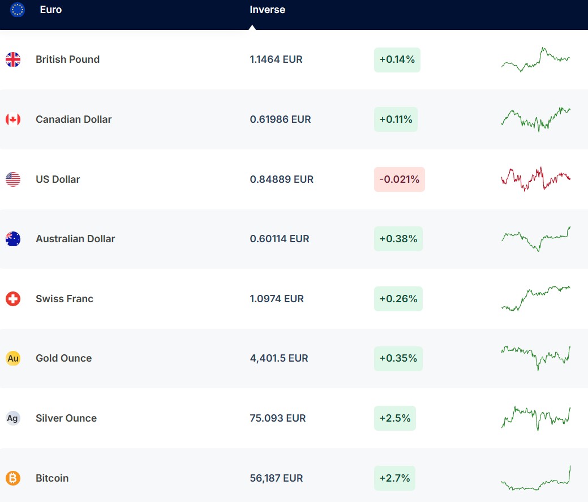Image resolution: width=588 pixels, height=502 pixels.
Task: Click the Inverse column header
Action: (x=267, y=10)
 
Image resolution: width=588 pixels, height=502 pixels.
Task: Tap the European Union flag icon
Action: (x=18, y=10)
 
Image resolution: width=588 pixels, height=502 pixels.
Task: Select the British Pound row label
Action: (x=67, y=59)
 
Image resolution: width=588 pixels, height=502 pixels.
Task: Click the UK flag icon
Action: (x=13, y=59)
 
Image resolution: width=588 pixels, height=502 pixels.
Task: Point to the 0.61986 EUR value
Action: (x=280, y=119)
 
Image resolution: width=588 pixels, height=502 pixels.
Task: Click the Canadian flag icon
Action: (x=13, y=119)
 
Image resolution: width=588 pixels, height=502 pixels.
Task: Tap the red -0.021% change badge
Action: (x=399, y=179)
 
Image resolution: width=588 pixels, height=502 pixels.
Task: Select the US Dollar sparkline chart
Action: (x=535, y=179)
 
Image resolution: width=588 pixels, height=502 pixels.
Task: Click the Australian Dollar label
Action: (x=75, y=239)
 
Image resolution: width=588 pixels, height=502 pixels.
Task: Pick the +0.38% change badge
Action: (x=398, y=239)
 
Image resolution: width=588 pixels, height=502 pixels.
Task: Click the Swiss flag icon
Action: (x=13, y=299)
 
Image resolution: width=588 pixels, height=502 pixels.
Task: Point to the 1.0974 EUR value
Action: (x=277, y=299)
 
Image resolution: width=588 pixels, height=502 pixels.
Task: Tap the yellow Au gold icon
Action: (x=13, y=358)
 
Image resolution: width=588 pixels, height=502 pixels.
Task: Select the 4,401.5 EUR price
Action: (x=279, y=358)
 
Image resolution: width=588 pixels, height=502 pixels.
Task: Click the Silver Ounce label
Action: (x=66, y=418)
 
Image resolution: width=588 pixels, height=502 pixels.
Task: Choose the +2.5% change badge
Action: (x=394, y=418)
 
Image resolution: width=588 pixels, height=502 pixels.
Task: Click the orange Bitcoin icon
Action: (x=13, y=478)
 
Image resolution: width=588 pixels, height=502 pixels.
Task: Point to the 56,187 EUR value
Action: (x=276, y=478)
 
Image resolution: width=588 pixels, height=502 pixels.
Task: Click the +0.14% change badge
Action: (x=397, y=59)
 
